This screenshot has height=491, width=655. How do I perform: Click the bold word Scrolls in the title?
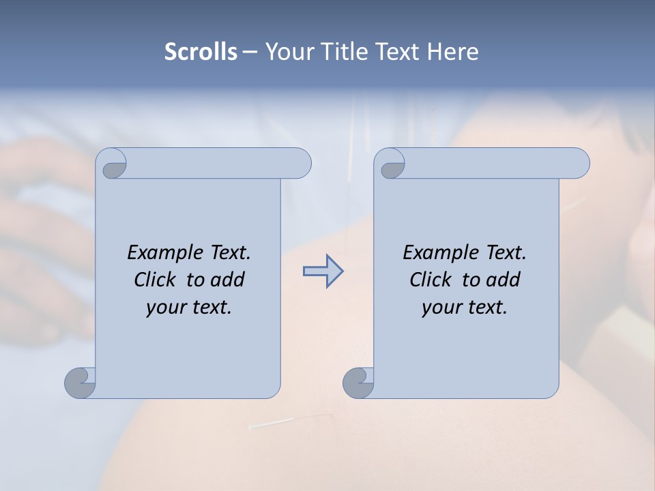201,52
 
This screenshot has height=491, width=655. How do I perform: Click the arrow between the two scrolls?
323,271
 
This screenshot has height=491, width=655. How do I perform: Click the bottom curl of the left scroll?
81,382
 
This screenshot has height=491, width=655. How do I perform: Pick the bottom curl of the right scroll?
358,382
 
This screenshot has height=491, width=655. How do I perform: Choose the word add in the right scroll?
503,280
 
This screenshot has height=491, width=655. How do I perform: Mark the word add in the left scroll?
227,280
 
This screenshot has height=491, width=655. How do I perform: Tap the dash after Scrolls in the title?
250,52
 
